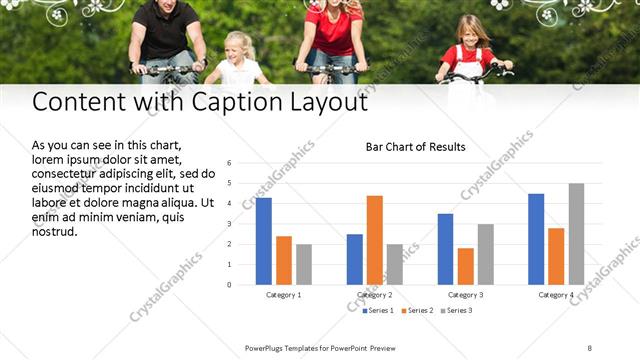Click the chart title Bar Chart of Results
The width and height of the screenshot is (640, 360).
tap(415, 147)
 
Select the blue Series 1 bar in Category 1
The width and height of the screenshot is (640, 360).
tap(264, 241)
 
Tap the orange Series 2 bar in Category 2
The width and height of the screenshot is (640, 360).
tap(375, 240)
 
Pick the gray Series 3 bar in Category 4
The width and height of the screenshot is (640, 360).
tap(576, 234)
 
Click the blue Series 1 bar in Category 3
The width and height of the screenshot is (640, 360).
tap(445, 249)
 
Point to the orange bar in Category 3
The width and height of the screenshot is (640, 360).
tap(465, 266)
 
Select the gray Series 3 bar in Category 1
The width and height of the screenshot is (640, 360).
tap(304, 264)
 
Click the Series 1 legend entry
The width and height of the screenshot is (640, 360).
tap(377, 311)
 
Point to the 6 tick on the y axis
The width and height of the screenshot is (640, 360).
tap(229, 163)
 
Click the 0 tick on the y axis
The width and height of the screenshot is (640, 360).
tap(229, 284)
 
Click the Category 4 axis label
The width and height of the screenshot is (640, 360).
tap(556, 295)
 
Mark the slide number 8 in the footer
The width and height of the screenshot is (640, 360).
tap(590, 347)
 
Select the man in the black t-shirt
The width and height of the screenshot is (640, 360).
tap(166, 35)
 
